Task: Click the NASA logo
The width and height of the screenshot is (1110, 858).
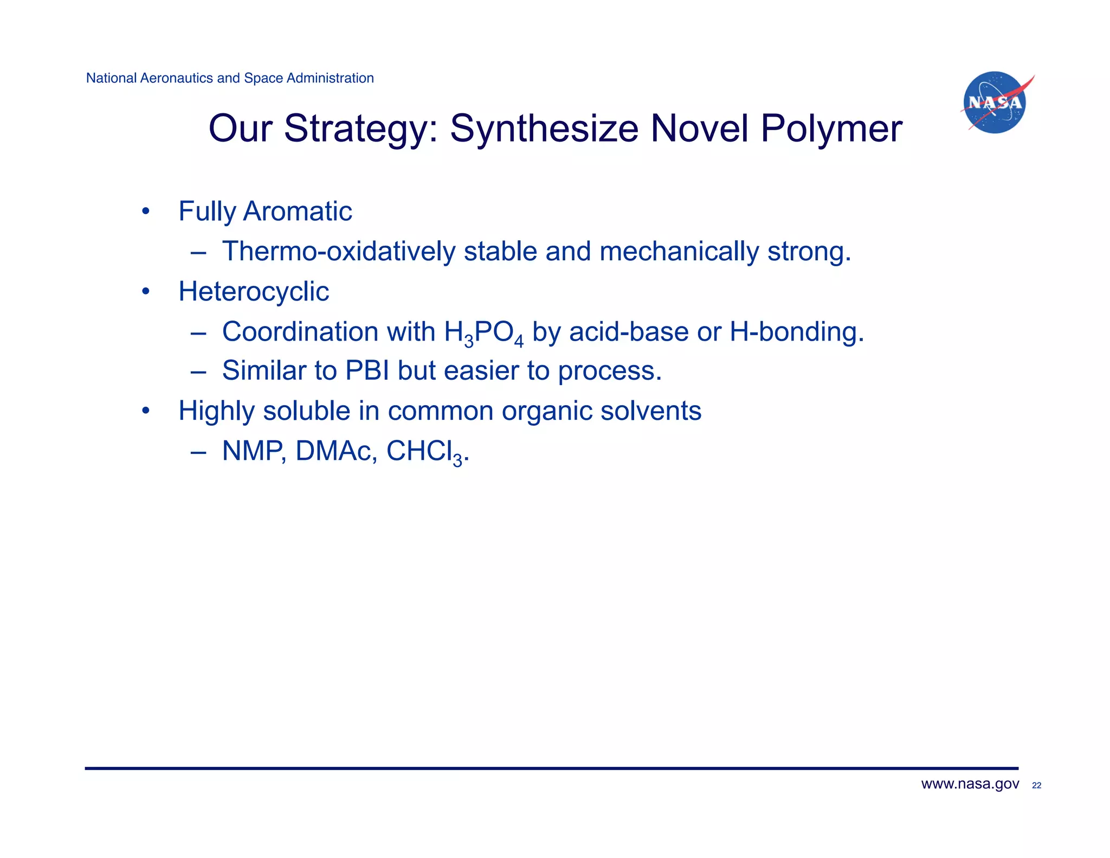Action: click(995, 103)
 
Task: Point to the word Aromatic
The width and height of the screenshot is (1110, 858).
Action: click(298, 211)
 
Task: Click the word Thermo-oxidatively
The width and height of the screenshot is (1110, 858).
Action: click(339, 252)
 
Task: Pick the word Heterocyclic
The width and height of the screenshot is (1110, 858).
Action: click(254, 292)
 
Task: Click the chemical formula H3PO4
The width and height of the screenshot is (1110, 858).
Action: click(483, 332)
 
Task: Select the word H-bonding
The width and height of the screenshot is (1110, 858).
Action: click(796, 332)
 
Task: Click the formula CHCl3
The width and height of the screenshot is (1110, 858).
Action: click(425, 452)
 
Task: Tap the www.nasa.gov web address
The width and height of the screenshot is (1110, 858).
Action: click(970, 784)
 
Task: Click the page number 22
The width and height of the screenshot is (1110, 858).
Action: click(1036, 785)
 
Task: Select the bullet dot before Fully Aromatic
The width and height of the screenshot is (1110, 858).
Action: click(145, 212)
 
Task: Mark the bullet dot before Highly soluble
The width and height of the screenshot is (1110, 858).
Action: click(145, 412)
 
